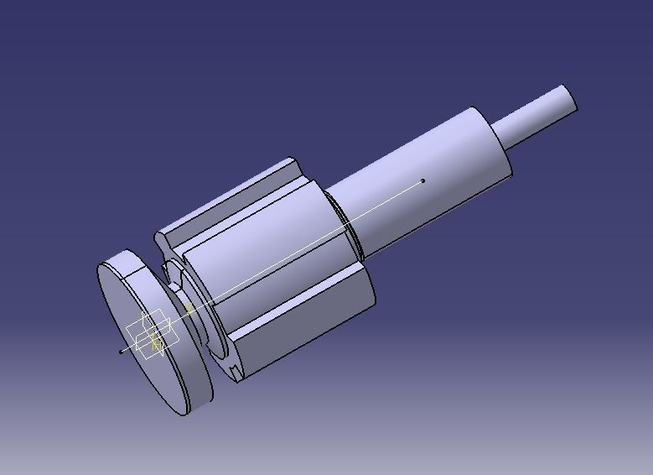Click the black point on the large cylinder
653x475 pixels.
click(x=423, y=180)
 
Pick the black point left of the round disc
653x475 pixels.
click(x=122, y=351)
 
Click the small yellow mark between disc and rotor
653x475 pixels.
click(x=189, y=309)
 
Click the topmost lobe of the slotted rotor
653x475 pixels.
click(x=226, y=201)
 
